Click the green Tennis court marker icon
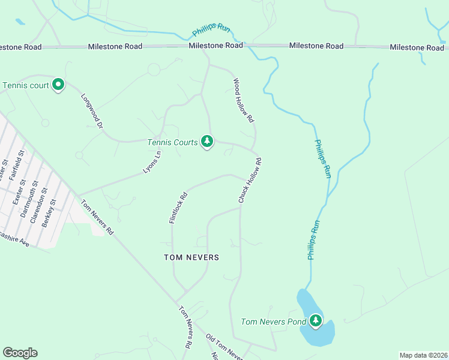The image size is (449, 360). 58,85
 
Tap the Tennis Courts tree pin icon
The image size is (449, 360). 207,142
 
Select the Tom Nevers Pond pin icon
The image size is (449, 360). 315,322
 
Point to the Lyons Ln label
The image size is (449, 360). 152,162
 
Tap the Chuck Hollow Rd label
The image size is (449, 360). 250,181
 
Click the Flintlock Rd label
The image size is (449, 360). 178,208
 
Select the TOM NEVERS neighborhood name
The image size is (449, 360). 191,257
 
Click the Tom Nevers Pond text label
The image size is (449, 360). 273,322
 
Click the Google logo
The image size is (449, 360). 20,353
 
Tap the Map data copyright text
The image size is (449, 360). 423,355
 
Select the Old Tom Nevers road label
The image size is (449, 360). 224,347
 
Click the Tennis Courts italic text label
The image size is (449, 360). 172,142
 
